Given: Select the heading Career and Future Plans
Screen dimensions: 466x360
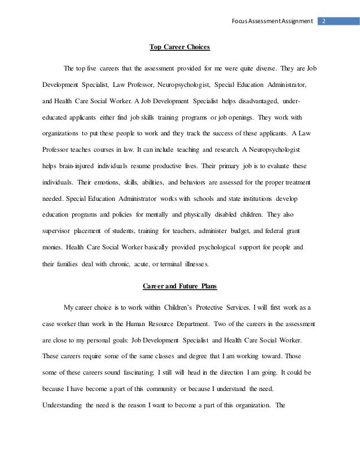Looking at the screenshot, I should click(179, 285).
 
